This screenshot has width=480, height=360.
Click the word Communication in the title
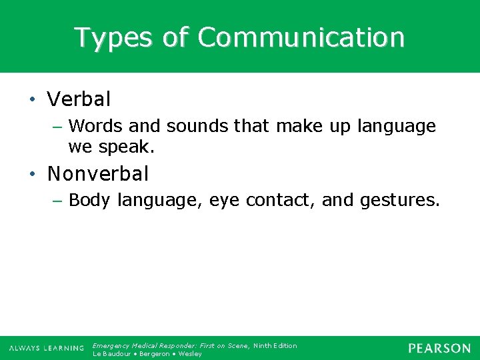(x=301, y=38)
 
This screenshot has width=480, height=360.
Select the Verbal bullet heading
(x=79, y=100)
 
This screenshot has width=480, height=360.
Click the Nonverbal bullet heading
(x=98, y=174)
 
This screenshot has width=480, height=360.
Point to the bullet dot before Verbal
(x=33, y=101)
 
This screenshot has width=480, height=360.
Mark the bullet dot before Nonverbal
(x=33, y=175)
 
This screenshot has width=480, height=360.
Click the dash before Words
(x=59, y=127)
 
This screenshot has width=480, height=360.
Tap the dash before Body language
(x=59, y=201)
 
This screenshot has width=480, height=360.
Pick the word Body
(x=90, y=200)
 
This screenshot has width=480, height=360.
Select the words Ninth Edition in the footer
(x=275, y=345)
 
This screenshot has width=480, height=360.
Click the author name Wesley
(x=191, y=353)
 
